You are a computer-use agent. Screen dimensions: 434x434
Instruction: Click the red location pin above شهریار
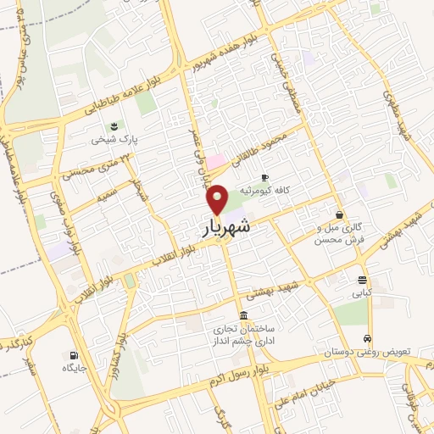pyautogui.click(x=218, y=199)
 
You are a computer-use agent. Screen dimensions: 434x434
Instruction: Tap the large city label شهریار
pyautogui.click(x=227, y=227)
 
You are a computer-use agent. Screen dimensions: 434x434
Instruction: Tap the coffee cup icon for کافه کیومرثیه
pyautogui.click(x=264, y=176)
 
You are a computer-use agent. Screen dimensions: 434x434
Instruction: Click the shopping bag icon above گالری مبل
pyautogui.click(x=339, y=215)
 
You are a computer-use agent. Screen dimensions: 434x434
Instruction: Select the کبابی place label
pyautogui.click(x=362, y=293)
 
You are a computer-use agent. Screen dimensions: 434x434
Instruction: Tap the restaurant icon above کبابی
pyautogui.click(x=363, y=281)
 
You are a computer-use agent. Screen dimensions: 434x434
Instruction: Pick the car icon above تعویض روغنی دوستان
pyautogui.click(x=366, y=337)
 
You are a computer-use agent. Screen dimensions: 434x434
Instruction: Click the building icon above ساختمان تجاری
pyautogui.click(x=244, y=314)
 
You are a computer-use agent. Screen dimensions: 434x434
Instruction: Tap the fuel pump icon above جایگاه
pyautogui.click(x=75, y=355)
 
